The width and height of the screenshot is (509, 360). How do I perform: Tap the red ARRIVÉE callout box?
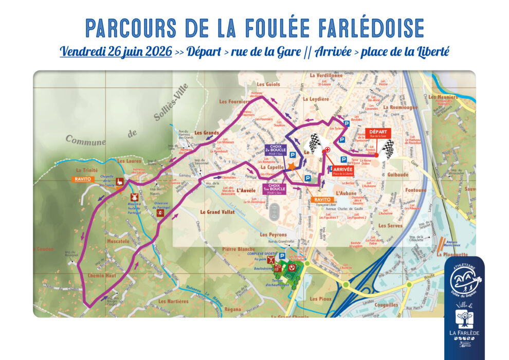(x=342, y=171)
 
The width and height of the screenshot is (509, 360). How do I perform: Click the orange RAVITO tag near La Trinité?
(x=83, y=179)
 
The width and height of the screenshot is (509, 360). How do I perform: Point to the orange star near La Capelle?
(x=292, y=167)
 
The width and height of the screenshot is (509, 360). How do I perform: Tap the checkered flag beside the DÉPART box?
(x=388, y=149)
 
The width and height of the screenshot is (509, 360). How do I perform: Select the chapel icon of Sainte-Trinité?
(x=119, y=182)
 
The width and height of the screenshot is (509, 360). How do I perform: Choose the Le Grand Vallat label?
(x=217, y=212)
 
